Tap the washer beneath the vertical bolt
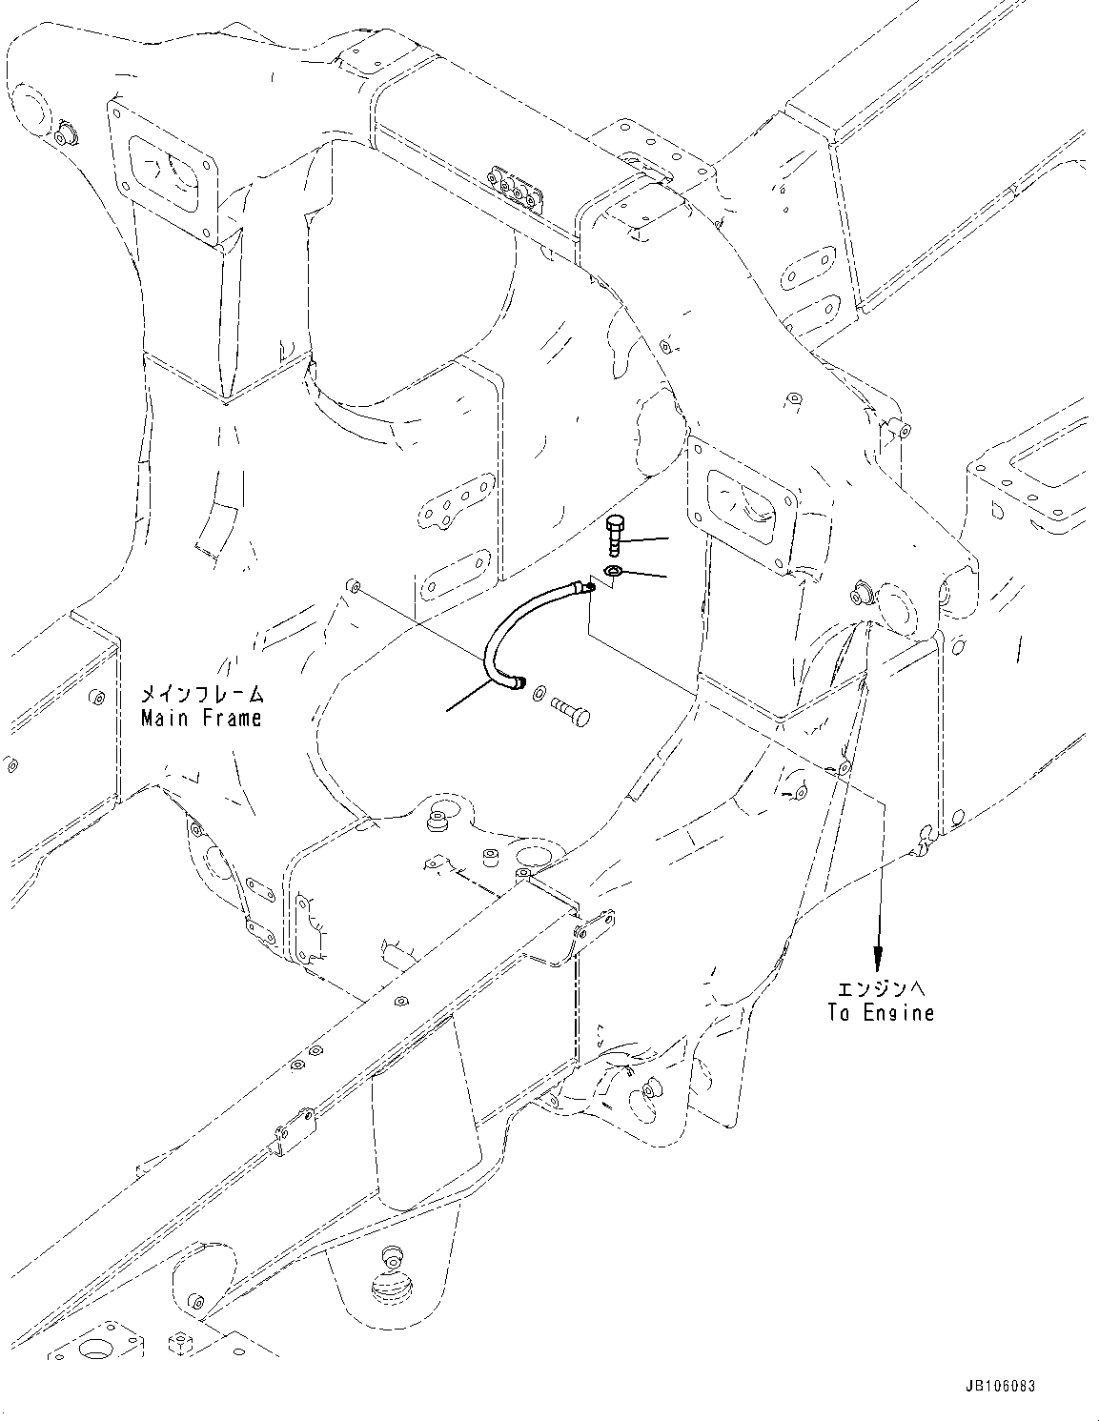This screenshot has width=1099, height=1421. pyautogui.click(x=614, y=571)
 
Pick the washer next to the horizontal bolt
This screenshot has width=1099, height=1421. pyautogui.click(x=540, y=692)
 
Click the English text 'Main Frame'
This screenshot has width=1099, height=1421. pyautogui.click(x=200, y=718)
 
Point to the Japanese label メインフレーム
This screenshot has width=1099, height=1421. pyautogui.click(x=200, y=694)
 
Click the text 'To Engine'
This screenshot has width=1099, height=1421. pyautogui.click(x=880, y=1013)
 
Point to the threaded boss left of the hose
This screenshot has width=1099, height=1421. pyautogui.click(x=354, y=583)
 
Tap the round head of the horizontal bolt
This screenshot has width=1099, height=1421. pyautogui.click(x=582, y=715)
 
